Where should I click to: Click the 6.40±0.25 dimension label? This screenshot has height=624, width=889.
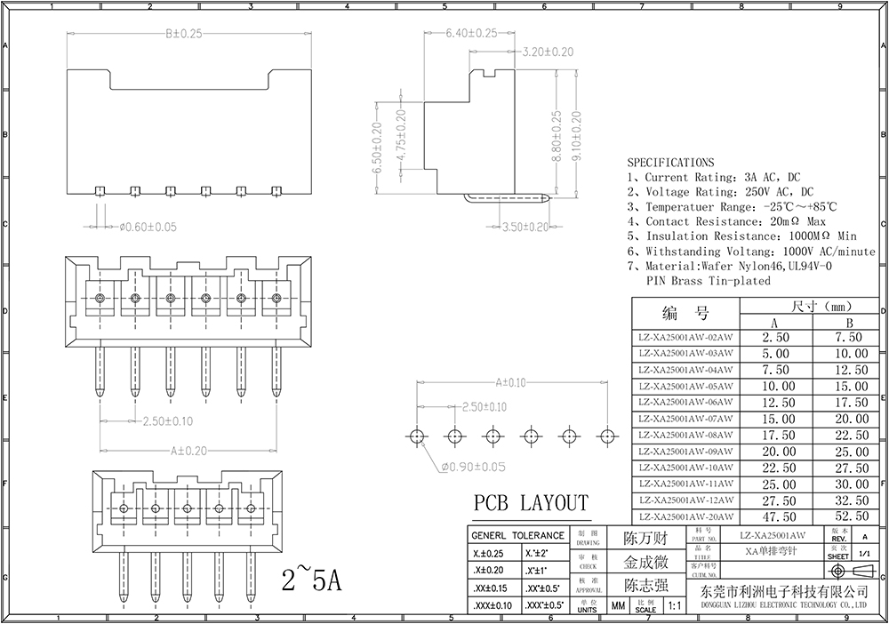pyautogui.click(x=471, y=34)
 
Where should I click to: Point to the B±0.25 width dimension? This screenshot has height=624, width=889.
pyautogui.click(x=184, y=34)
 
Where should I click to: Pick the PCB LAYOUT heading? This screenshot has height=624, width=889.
pyautogui.click(x=530, y=502)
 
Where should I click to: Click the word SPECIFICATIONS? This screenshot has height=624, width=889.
pyautogui.click(x=671, y=163)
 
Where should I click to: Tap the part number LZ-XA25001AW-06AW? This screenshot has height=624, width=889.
pyautogui.click(x=685, y=403)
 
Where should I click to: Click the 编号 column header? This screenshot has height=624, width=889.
pyautogui.click(x=685, y=313)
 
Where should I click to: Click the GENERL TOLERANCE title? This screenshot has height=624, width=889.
pyautogui.click(x=517, y=536)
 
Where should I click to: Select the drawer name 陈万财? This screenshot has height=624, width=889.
pyautogui.click(x=645, y=539)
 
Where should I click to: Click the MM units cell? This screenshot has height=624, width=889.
pyautogui.click(x=618, y=605)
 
